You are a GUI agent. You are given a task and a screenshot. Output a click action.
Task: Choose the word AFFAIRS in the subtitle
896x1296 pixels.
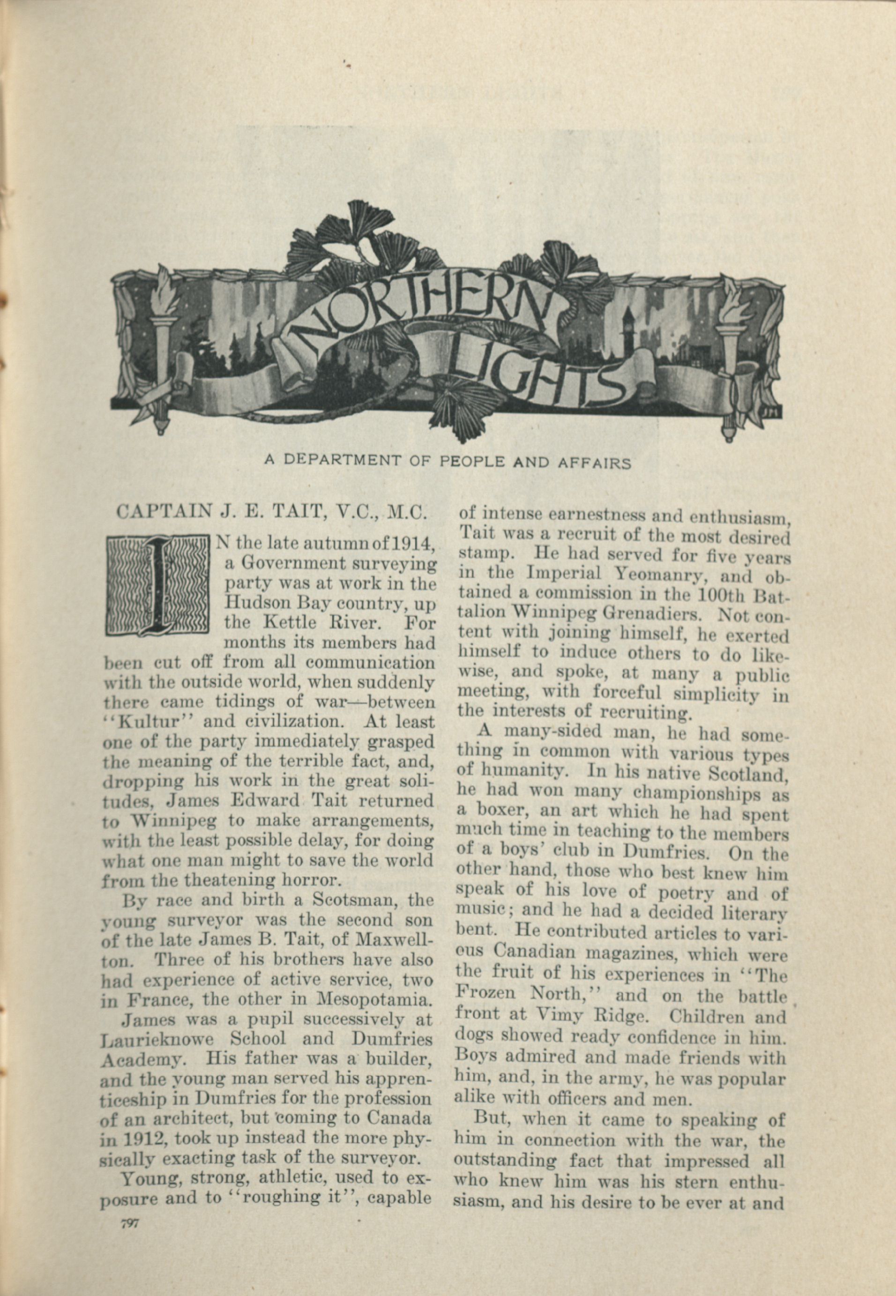point(596,463)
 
